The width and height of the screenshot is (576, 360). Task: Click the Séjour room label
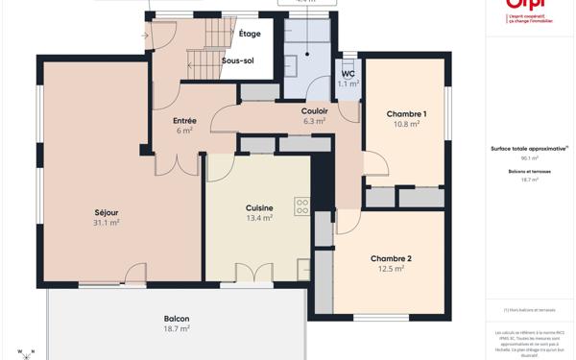(106, 212)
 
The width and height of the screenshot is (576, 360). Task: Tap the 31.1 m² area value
(106, 223)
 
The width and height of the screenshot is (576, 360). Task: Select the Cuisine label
(259, 207)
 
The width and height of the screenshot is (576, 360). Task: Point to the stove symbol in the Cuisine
(301, 204)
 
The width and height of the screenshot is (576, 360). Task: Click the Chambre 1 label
(406, 114)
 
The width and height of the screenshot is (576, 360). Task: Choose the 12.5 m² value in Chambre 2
(391, 269)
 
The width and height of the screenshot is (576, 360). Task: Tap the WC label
(348, 75)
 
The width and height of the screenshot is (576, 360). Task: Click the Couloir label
(315, 111)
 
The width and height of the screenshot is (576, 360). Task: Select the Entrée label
(184, 121)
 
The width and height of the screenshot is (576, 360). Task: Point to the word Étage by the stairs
(250, 34)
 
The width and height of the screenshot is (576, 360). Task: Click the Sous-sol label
(238, 60)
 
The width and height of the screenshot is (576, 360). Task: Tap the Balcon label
(176, 319)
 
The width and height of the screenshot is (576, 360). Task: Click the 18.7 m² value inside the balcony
(176, 329)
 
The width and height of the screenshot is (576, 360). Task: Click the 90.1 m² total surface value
(530, 158)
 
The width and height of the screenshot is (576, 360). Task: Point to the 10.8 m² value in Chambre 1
(406, 125)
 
